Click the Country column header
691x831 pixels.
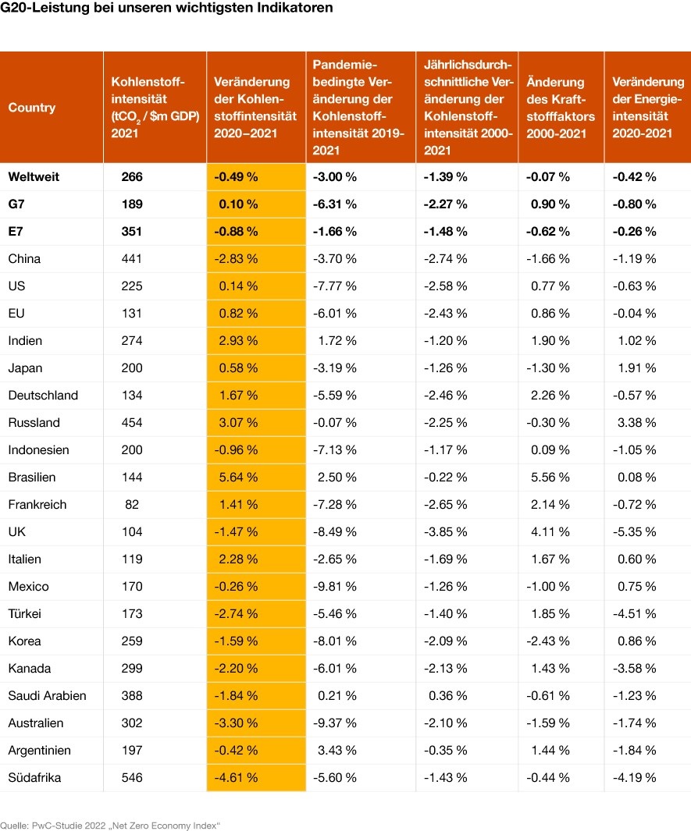(32, 108)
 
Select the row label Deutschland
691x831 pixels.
(43, 395)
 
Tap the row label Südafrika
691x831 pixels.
(34, 777)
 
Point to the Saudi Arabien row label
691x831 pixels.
(47, 695)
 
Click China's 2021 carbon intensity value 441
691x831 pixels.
(132, 258)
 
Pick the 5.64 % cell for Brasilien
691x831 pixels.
(237, 477)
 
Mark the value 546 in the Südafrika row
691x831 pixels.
(132, 777)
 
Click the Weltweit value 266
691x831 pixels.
(132, 176)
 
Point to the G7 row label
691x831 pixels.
(17, 204)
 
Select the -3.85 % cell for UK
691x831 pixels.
(445, 531)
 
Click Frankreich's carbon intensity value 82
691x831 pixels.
(132, 504)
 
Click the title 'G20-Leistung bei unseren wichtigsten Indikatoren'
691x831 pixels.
(166, 9)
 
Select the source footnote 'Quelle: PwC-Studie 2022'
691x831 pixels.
(110, 824)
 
